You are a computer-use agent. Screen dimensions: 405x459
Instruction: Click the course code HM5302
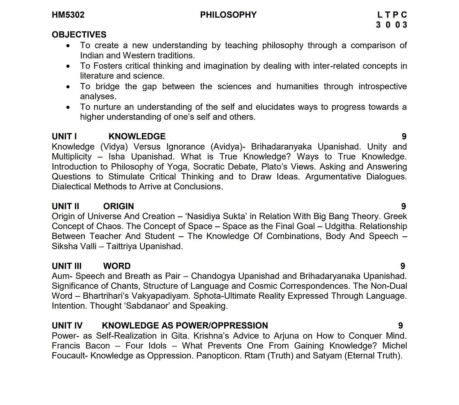pyautogui.click(x=68, y=15)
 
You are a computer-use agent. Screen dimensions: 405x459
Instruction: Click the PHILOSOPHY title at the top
pyautogui.click(x=228, y=15)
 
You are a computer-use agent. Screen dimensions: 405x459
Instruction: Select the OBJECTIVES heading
pyautogui.click(x=79, y=35)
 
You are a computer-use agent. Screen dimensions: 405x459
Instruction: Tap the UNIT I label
pyautogui.click(x=64, y=137)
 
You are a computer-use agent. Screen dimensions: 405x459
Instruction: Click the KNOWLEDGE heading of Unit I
pyautogui.click(x=137, y=137)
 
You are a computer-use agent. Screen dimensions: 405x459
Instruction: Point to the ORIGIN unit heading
pyautogui.click(x=119, y=207)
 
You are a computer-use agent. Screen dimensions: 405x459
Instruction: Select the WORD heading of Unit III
pyautogui.click(x=117, y=266)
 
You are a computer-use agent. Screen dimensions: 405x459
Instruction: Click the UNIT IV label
pyautogui.click(x=67, y=326)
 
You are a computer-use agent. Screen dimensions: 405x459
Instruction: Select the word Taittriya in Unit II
pyautogui.click(x=121, y=246)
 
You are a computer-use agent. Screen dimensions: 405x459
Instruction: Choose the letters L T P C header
pyautogui.click(x=392, y=15)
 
